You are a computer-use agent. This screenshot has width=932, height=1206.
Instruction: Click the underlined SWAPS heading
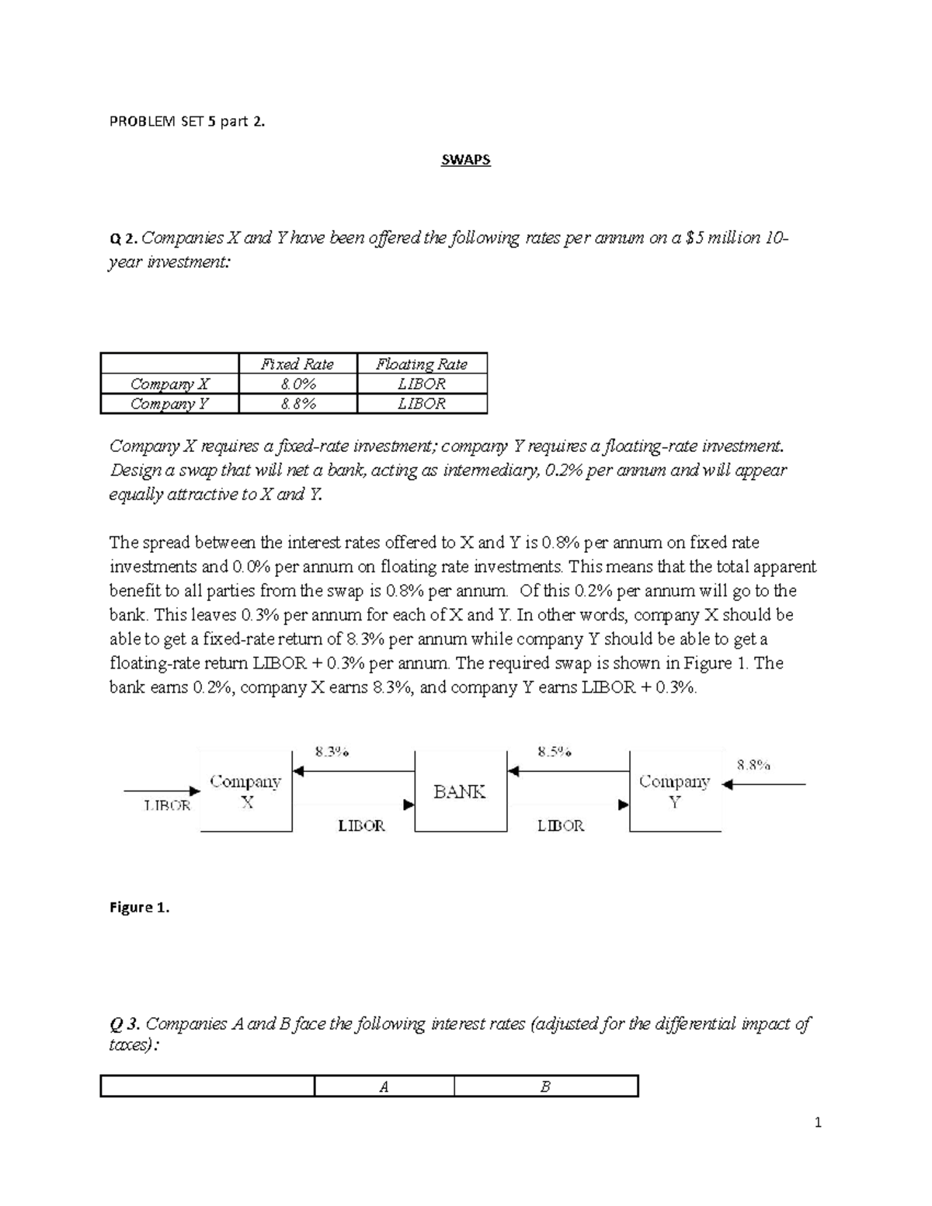(465, 160)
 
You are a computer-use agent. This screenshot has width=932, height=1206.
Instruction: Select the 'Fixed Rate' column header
(297, 363)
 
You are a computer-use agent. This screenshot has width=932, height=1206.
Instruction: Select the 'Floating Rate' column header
(422, 363)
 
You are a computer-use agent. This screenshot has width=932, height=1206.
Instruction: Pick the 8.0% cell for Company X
(297, 384)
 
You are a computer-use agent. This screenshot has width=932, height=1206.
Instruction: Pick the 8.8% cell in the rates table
(297, 404)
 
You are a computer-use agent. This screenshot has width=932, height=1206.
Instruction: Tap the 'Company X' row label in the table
(169, 384)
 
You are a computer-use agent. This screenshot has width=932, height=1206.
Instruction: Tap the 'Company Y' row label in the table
(169, 404)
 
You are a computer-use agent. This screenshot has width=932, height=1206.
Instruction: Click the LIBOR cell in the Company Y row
(422, 404)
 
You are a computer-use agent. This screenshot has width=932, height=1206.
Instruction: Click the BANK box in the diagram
(460, 791)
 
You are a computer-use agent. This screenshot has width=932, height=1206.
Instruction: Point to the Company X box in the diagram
(245, 791)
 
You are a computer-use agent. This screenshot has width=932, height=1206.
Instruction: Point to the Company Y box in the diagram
(674, 791)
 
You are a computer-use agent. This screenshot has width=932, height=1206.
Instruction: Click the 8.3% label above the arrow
(332, 751)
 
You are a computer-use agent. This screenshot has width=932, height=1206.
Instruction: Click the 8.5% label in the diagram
(555, 751)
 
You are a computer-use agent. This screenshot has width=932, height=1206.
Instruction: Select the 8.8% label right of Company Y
(753, 765)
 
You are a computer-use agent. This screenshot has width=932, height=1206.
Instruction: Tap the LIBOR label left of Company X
(167, 806)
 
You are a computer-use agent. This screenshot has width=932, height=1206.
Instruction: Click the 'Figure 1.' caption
(139, 907)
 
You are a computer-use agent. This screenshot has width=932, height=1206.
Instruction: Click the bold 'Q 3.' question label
(126, 1024)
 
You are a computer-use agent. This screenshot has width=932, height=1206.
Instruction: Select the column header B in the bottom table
(545, 1086)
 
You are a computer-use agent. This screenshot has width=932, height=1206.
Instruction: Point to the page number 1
(818, 1121)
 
